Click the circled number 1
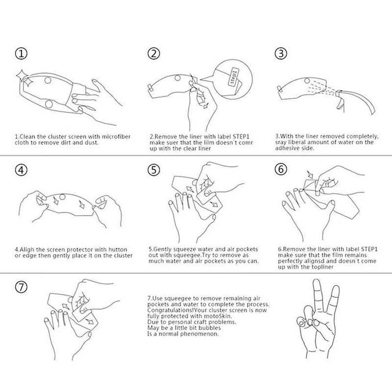tap(21, 54)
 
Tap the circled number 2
tap(153, 53)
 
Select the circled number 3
tap(281, 53)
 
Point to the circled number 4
tap(21, 170)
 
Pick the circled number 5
tap(153, 170)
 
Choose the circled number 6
tap(281, 169)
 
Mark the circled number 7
tap(21, 287)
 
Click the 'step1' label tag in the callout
tap(234, 77)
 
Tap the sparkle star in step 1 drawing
tap(25, 78)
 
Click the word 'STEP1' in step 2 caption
tap(241, 137)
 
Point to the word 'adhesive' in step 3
tap(286, 148)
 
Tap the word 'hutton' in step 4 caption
tap(118, 250)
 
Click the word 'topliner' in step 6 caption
tap(323, 267)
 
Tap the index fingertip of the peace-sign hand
tap(317, 282)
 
